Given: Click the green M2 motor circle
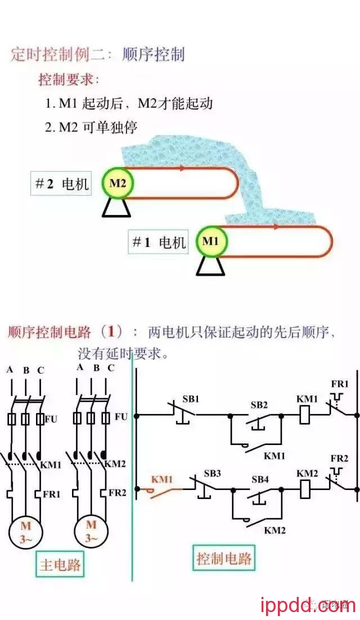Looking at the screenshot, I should tap(118, 183).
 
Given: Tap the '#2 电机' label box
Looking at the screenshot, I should tap(61, 184).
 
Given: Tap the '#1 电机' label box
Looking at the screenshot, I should tap(158, 242).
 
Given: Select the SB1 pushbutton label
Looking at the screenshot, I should tap(191, 399).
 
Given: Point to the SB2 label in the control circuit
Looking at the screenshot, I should tap(259, 405).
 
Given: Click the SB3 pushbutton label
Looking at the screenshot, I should tap(213, 473).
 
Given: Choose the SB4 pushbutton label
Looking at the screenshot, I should tap(260, 479).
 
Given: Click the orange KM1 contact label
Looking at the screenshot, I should tap(161, 479).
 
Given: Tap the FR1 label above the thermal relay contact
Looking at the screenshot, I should tap(340, 384).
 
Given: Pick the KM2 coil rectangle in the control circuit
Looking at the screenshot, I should tap(307, 489).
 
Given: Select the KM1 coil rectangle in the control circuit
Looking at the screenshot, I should tap(307, 416).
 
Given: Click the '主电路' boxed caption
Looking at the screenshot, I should tap(60, 564).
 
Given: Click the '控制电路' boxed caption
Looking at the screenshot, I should tap(224, 558).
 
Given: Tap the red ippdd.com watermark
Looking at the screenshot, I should tap(309, 605).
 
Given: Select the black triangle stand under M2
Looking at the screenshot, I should tap(117, 208).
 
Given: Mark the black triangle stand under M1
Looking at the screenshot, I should tap(210, 266).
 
